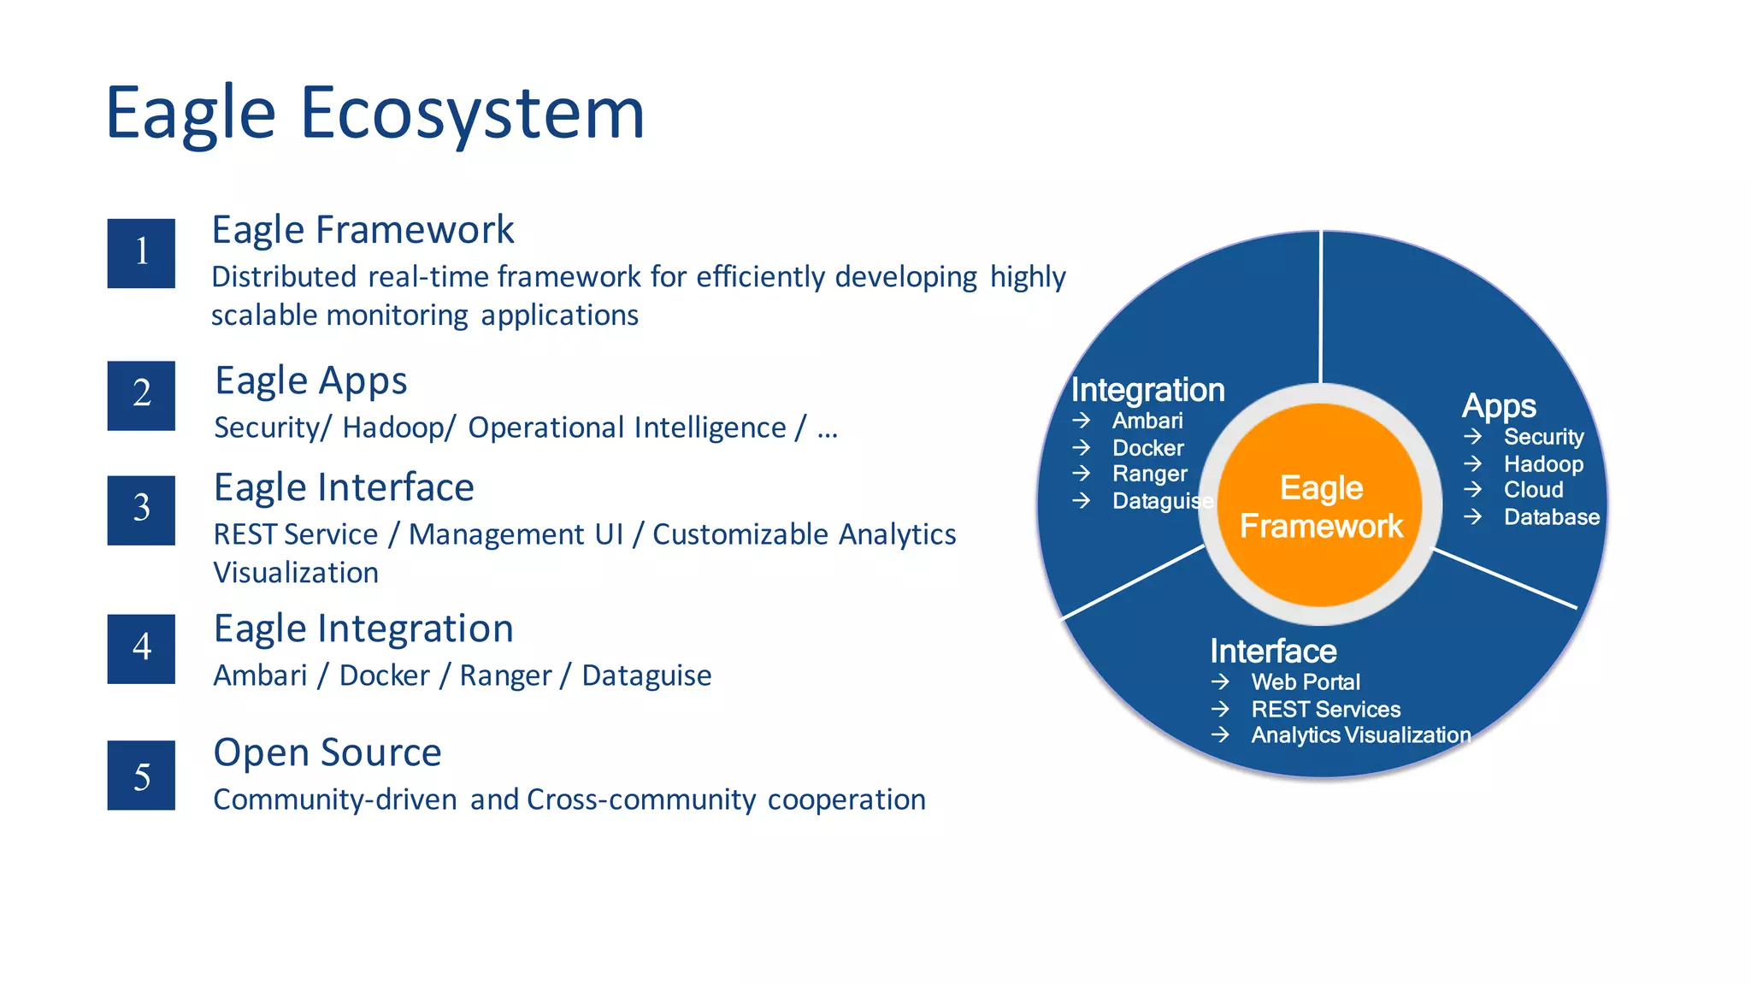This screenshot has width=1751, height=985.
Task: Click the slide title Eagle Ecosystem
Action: (374, 113)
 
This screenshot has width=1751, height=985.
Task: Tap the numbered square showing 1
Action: (141, 253)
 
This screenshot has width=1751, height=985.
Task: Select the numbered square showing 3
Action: (141, 510)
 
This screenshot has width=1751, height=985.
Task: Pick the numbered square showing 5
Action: (141, 775)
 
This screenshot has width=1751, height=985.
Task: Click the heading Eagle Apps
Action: (310, 381)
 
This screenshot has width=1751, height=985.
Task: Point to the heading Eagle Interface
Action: (344, 487)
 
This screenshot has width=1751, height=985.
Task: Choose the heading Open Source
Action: (327, 752)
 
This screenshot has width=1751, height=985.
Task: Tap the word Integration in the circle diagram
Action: (1147, 390)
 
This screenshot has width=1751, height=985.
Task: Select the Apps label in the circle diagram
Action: (1499, 406)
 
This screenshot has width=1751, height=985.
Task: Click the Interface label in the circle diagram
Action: (1273, 652)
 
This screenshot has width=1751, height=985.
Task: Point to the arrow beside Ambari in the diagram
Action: (1082, 421)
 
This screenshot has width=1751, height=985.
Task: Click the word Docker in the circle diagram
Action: (1147, 448)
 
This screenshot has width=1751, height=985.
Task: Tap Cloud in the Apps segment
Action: (1533, 490)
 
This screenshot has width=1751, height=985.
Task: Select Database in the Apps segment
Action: (1551, 517)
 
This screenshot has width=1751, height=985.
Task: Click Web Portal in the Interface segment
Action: (1305, 682)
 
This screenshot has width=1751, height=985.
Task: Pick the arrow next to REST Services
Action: (1220, 709)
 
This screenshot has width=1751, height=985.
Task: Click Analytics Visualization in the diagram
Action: (1360, 735)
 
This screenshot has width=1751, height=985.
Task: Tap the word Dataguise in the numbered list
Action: (646, 675)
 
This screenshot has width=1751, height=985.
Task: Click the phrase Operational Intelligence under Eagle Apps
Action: (627, 428)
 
